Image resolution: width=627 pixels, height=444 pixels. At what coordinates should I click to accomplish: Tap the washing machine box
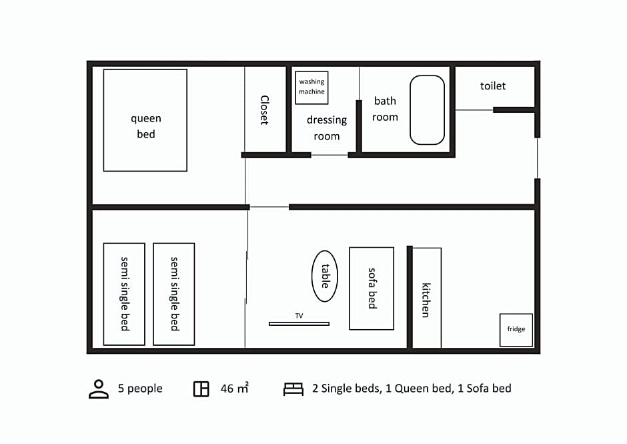[311, 87]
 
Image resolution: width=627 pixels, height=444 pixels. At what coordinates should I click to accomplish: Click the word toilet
[493, 85]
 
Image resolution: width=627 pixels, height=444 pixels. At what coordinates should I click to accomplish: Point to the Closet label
[264, 110]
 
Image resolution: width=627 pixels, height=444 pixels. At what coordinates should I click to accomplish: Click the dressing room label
[327, 128]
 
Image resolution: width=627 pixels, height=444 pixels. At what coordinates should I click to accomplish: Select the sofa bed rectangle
[350, 288]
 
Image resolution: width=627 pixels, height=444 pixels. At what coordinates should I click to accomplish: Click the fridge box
[500, 330]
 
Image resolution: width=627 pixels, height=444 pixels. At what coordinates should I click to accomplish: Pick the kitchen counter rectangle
[441, 298]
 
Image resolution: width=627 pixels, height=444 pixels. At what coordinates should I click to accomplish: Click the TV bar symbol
[299, 324]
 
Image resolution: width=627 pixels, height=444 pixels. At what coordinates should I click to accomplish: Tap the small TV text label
[299, 316]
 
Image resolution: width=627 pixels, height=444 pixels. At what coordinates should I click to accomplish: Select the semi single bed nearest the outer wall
[103, 294]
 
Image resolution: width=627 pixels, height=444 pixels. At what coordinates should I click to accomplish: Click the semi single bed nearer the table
[153, 294]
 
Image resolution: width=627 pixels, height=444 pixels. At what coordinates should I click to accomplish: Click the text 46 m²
[234, 389]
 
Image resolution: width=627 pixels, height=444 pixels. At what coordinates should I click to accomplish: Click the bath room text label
[385, 109]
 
